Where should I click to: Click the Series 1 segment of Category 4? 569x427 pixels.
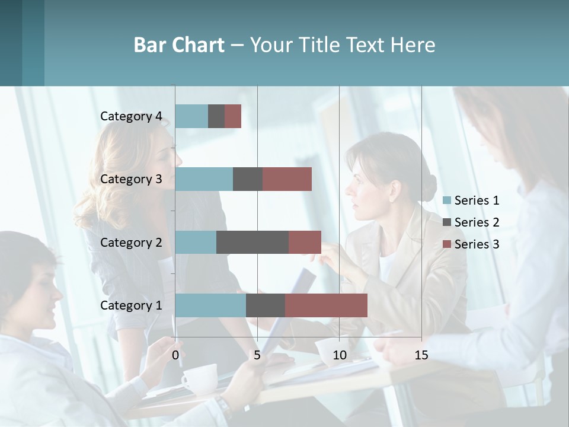pos(191,116)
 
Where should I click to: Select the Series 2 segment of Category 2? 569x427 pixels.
pos(252,242)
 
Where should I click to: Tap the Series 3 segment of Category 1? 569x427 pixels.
pos(326,305)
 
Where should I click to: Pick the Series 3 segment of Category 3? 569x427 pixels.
pos(287,179)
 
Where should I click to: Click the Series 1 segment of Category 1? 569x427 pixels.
pos(210,305)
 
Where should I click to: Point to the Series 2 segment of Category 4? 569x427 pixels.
pos(216,116)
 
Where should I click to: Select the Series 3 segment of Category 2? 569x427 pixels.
pos(305,242)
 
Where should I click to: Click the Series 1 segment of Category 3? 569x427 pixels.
pos(204,179)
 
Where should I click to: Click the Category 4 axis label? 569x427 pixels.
pos(131,116)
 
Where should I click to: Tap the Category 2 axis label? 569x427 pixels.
pos(131,243)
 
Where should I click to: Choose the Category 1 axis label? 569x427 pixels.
pos(131,305)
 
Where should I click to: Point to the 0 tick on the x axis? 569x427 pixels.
pos(175,355)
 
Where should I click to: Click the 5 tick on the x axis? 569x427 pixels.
pos(257,355)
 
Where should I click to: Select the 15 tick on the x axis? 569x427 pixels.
pos(421,355)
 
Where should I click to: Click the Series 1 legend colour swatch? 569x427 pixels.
pos(447,200)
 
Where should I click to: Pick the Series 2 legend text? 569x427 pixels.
pos(477,222)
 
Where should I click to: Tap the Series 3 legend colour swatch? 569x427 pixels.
pos(447,244)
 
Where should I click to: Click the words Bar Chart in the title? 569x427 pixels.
pos(179,45)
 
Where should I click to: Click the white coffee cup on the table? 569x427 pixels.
pos(199,378)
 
